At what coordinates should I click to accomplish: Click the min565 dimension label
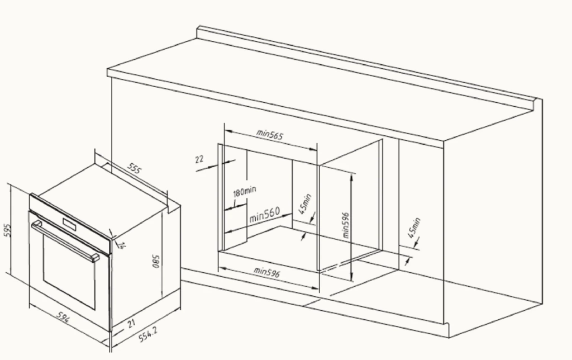270,134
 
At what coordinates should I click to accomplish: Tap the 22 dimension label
199,159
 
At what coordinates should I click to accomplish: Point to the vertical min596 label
345,225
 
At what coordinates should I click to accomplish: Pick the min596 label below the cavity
266,272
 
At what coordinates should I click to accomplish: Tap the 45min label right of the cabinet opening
414,228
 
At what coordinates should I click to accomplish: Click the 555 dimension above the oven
134,168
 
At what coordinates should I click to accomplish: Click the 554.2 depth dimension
148,334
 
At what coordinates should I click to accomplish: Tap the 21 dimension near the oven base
131,324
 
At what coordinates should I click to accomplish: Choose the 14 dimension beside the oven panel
121,245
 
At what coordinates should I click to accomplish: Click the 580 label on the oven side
156,262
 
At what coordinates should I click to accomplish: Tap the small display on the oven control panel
69,224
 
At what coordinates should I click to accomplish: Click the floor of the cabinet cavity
299,248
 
